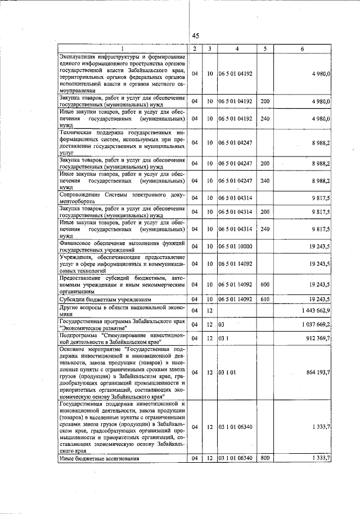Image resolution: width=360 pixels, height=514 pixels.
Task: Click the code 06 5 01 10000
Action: tap(237, 247)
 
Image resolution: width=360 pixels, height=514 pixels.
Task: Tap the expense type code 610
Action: tap(265, 299)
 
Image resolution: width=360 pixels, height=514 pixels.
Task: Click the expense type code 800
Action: tap(265, 459)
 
